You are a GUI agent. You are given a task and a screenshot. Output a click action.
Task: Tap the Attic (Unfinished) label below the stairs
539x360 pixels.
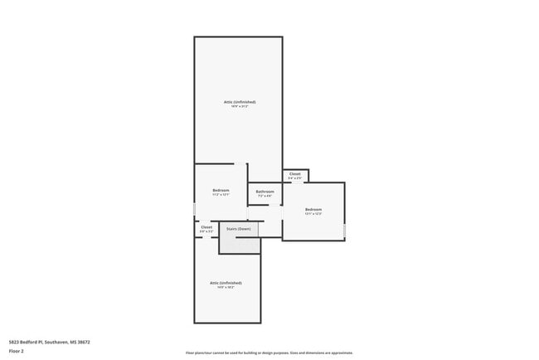pyautogui.click(x=226, y=283)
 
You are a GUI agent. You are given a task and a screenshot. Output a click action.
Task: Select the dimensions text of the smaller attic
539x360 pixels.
pyautogui.click(x=226, y=288)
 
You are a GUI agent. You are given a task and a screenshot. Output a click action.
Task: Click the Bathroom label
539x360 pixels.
pyautogui.click(x=265, y=192)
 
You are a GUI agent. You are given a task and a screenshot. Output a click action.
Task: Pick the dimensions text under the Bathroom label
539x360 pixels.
pyautogui.click(x=265, y=197)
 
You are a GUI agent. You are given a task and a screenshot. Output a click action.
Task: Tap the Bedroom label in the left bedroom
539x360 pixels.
pyautogui.click(x=221, y=190)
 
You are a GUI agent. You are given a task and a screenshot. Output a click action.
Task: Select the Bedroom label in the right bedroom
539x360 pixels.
pyautogui.click(x=313, y=209)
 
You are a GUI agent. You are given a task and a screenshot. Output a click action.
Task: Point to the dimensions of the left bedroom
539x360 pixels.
pyautogui.click(x=221, y=195)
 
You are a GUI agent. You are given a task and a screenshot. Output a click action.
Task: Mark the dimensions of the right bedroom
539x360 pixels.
pyautogui.click(x=313, y=214)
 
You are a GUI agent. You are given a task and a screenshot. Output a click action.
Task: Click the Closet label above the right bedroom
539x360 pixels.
pyautogui.click(x=294, y=174)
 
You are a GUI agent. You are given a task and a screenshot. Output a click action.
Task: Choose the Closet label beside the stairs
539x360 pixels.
pyautogui.click(x=206, y=226)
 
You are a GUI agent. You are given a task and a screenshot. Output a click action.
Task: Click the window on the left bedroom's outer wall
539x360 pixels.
pyautogui.click(x=195, y=210)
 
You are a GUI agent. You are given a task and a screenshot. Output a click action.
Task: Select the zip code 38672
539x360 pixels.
pyautogui.click(x=82, y=342)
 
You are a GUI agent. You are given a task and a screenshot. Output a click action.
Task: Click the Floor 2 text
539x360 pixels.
pyautogui.click(x=17, y=351)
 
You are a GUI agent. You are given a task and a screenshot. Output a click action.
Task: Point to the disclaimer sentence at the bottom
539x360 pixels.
pyautogui.click(x=269, y=353)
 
